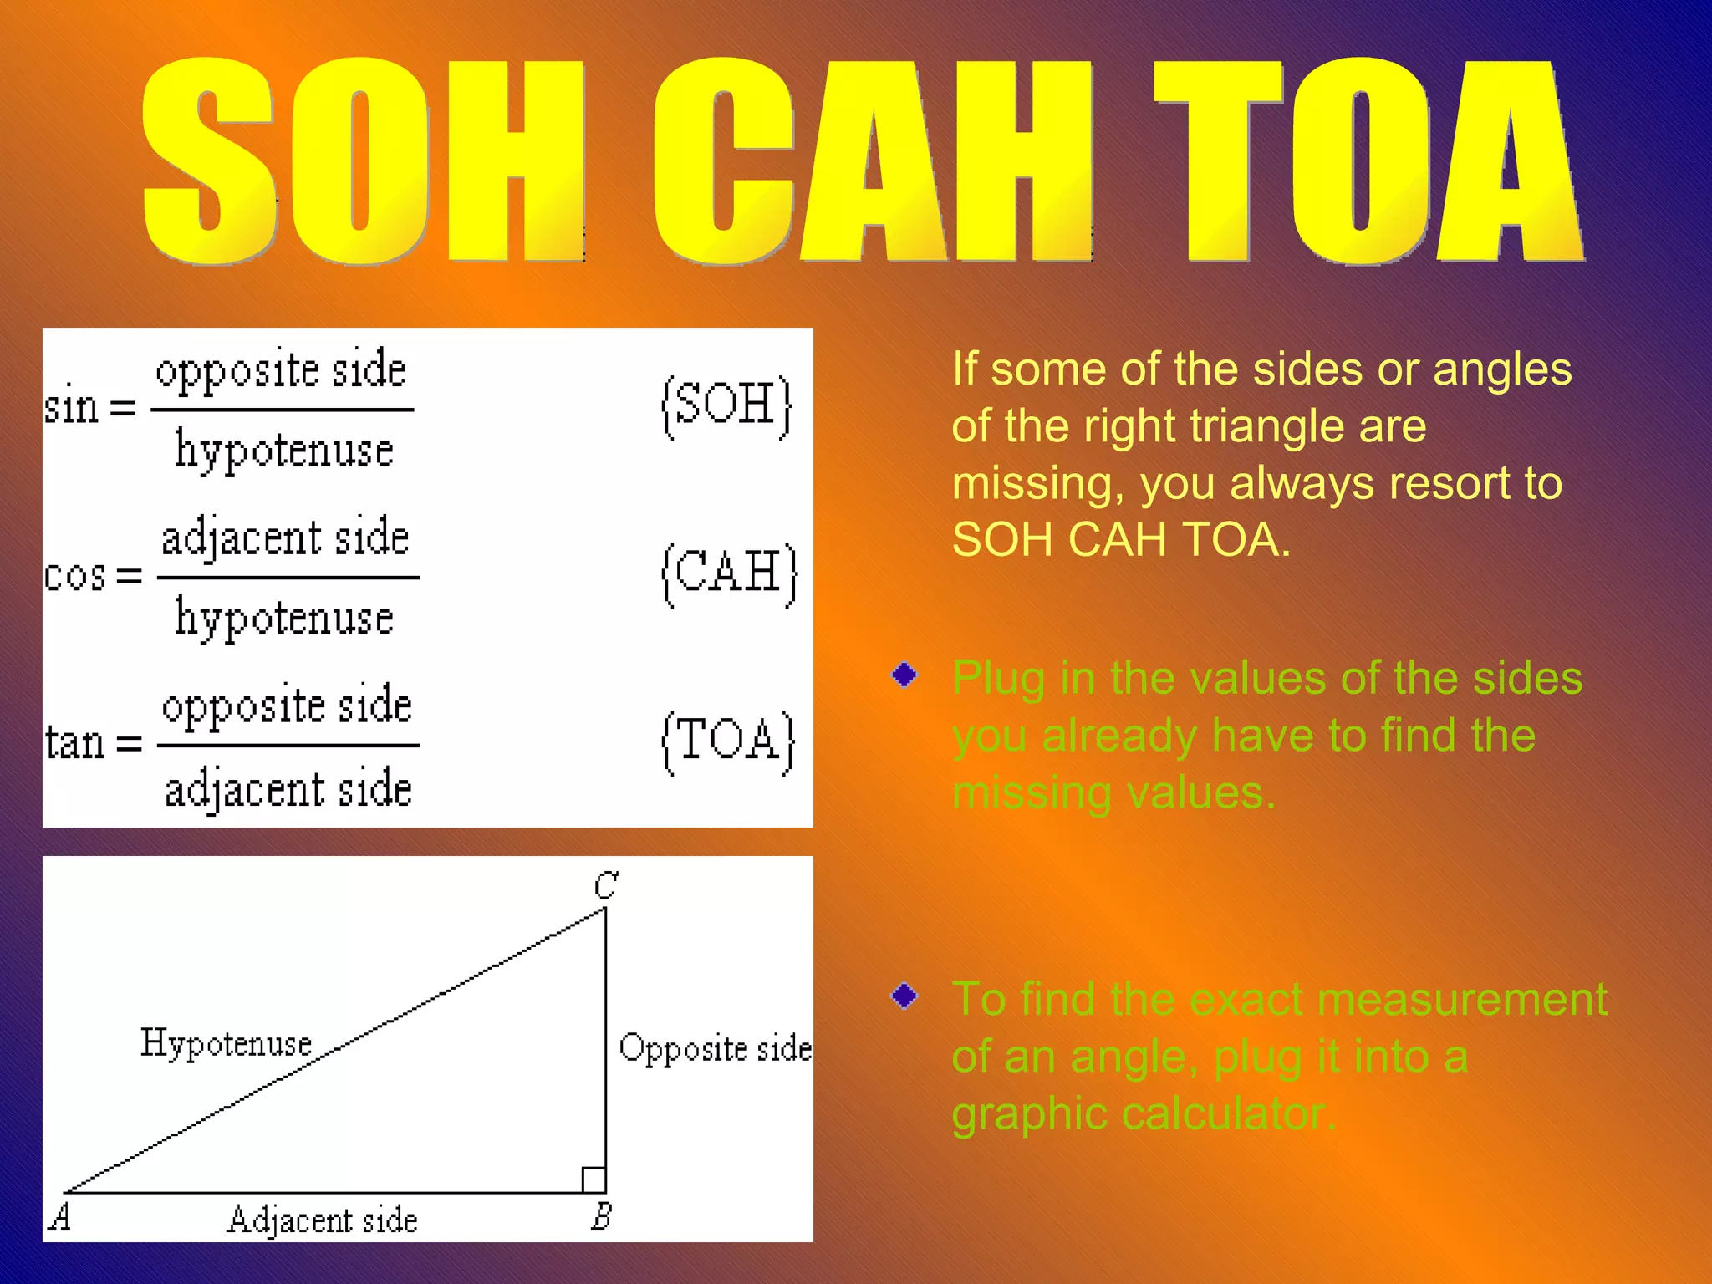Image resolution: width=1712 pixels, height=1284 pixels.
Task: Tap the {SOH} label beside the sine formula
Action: [726, 406]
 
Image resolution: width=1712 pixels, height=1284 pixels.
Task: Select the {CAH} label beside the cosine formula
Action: [729, 574]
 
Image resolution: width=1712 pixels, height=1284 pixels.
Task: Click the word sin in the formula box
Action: [72, 408]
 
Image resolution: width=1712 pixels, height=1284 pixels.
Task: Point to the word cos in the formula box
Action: [74, 576]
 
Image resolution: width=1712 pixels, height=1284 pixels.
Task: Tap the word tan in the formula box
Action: [74, 742]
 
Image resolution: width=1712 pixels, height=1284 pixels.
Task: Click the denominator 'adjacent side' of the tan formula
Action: [288, 789]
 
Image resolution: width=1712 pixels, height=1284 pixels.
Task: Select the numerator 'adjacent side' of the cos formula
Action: [285, 538]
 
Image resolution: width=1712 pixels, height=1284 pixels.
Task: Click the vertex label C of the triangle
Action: [605, 884]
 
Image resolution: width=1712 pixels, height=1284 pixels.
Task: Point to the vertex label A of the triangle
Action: [59, 1216]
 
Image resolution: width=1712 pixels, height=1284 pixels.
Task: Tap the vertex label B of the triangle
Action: [601, 1215]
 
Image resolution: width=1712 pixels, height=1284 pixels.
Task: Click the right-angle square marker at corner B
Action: [594, 1180]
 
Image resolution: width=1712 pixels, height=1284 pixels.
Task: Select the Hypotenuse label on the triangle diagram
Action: [226, 1043]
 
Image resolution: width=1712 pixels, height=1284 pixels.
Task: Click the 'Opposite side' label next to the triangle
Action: [715, 1048]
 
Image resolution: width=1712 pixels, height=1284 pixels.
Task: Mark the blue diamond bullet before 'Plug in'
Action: [904, 674]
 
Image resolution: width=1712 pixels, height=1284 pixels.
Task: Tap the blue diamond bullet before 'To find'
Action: [904, 996]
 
